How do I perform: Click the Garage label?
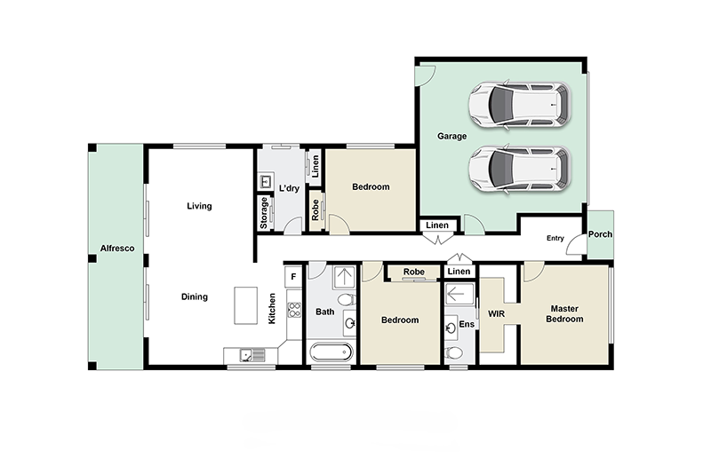451,136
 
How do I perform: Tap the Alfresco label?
117,249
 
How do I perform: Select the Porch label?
600,234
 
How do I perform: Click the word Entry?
555,238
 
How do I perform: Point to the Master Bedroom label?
564,314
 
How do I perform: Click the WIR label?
496,314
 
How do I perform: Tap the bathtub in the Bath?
331,352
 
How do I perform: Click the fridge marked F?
293,276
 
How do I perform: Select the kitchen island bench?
246,305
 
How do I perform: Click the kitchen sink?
252,355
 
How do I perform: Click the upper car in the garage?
520,105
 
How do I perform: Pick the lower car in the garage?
520,170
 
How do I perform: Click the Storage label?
264,213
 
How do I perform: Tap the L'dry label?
290,188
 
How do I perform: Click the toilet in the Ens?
453,352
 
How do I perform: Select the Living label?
199,206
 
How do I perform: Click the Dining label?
195,297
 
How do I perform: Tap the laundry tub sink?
265,182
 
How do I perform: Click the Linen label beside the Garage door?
437,225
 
